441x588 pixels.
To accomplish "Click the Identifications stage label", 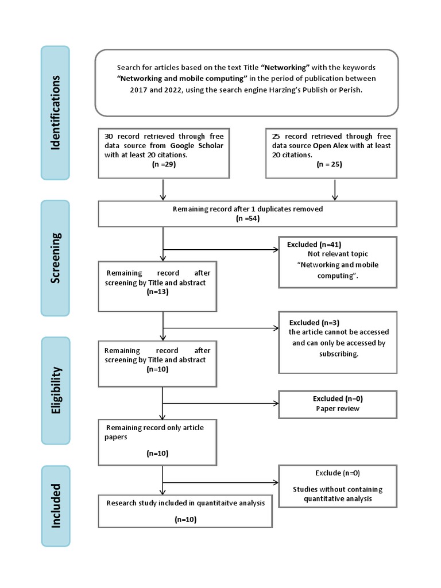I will (x=55, y=112).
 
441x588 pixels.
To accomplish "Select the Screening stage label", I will (x=55, y=258).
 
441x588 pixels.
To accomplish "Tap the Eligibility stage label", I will (x=55, y=390).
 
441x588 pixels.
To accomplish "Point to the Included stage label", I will (x=55, y=505).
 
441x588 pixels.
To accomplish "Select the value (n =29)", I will (x=164, y=164).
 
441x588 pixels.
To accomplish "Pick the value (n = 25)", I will (x=331, y=164).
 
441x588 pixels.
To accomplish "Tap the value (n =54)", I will (x=247, y=219).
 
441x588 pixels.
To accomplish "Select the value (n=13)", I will (x=158, y=292).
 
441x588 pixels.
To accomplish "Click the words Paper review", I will (x=337, y=408).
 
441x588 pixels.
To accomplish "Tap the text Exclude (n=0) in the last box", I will (x=337, y=473).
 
